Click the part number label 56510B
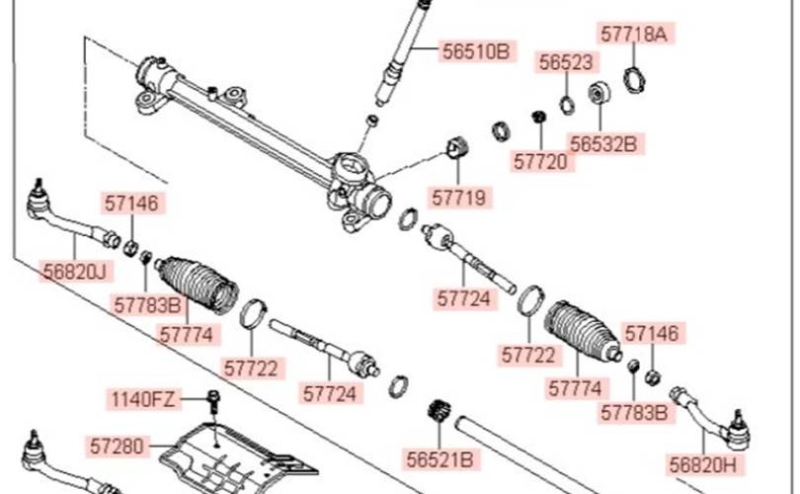coord(475,51)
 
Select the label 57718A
coord(633,35)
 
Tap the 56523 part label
coord(566,62)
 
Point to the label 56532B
coord(603,144)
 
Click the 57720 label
coord(540,162)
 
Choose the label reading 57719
coord(458,198)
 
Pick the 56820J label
coord(75,272)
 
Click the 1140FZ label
coord(143,398)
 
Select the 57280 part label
coord(117,446)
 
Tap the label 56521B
coord(440,459)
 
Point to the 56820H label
coord(703,465)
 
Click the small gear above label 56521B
coord(438,411)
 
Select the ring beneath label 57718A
coord(635,79)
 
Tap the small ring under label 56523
coord(567,105)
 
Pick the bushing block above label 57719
coord(457,148)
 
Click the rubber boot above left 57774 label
coord(197,285)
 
